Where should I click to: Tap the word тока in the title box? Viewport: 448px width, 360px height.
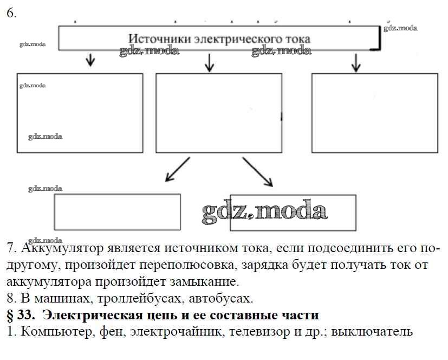(297, 39)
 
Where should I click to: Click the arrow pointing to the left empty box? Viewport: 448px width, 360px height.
(91, 60)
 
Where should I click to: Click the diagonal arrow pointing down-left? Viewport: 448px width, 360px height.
(177, 169)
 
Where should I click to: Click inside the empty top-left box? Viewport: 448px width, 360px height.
(80, 113)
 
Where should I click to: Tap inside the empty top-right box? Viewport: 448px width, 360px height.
(374, 113)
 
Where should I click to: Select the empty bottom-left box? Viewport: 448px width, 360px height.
(117, 212)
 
